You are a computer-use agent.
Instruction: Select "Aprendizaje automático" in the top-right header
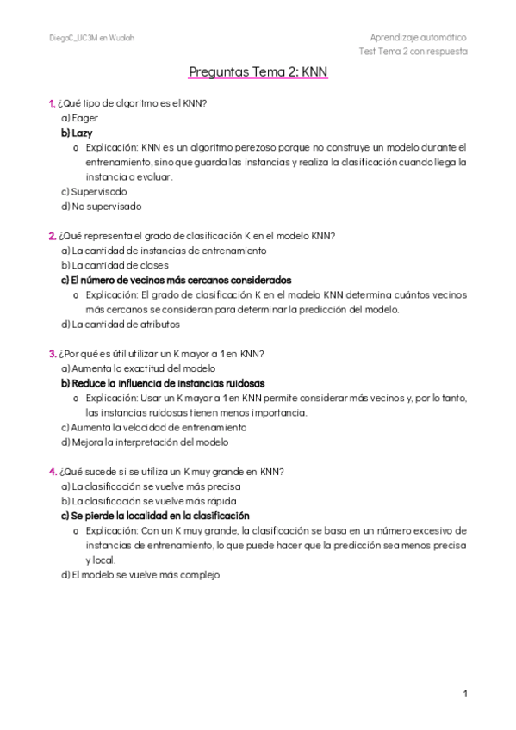point(418,38)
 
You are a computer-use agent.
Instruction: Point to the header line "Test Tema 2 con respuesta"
point(413,51)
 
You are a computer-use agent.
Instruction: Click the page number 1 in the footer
point(464,693)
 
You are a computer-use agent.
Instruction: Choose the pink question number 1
point(52,103)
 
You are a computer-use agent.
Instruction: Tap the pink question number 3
point(52,353)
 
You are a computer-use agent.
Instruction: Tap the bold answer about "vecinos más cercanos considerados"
point(176,280)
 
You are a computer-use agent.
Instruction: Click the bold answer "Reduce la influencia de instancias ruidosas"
point(163,383)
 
